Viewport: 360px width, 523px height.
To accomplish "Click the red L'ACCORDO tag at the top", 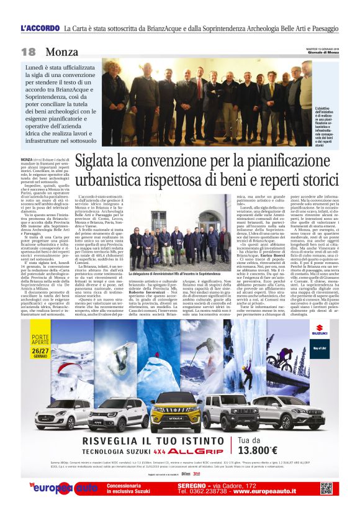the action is (40, 29).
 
